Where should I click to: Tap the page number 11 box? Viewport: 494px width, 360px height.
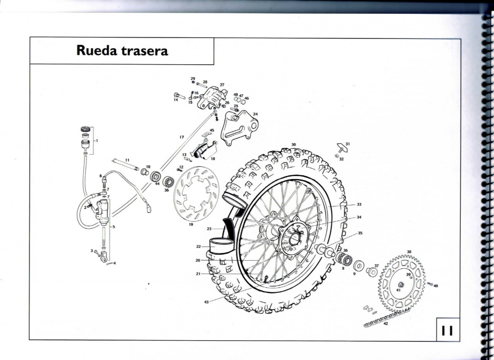point(448,329)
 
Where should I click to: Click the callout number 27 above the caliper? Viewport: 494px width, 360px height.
point(222,85)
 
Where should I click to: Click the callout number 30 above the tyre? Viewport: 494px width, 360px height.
point(293,145)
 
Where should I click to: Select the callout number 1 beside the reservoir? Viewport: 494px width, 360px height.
point(96,140)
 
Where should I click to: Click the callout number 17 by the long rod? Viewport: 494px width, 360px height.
point(182,137)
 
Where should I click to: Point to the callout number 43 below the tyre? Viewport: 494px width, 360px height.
point(206,301)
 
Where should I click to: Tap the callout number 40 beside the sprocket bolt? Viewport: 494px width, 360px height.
point(436,286)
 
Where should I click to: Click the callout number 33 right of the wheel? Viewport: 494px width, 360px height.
point(359,204)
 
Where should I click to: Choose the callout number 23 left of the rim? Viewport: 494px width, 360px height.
point(209,229)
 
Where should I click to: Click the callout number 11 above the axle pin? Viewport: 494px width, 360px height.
point(127,160)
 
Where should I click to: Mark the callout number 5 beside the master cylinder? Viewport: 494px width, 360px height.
point(114,227)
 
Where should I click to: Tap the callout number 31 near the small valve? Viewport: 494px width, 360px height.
point(348,143)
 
